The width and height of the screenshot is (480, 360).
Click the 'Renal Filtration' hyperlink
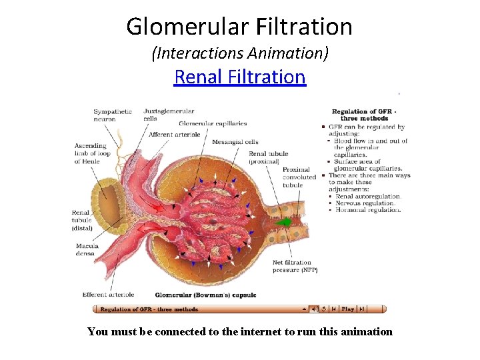(x=239, y=77)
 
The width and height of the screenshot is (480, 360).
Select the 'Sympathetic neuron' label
(x=113, y=115)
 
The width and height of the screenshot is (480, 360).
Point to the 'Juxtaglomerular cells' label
(x=169, y=115)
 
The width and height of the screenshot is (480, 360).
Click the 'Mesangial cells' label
(x=235, y=142)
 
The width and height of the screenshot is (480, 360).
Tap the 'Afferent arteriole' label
(x=175, y=135)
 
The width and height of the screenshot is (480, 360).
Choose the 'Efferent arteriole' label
(x=108, y=294)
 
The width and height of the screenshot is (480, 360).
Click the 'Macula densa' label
(x=87, y=249)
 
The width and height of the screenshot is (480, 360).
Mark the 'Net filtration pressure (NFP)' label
(x=295, y=266)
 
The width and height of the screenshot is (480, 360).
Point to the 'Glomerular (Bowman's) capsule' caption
(x=205, y=295)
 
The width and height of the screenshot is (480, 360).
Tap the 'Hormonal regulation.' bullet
(x=368, y=210)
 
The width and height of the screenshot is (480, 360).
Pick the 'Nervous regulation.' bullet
(x=367, y=203)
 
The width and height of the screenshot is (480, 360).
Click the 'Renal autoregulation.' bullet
(x=369, y=197)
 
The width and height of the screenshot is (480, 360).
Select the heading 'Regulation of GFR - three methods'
(x=364, y=115)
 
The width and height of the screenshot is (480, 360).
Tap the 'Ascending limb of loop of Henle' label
(x=90, y=153)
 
